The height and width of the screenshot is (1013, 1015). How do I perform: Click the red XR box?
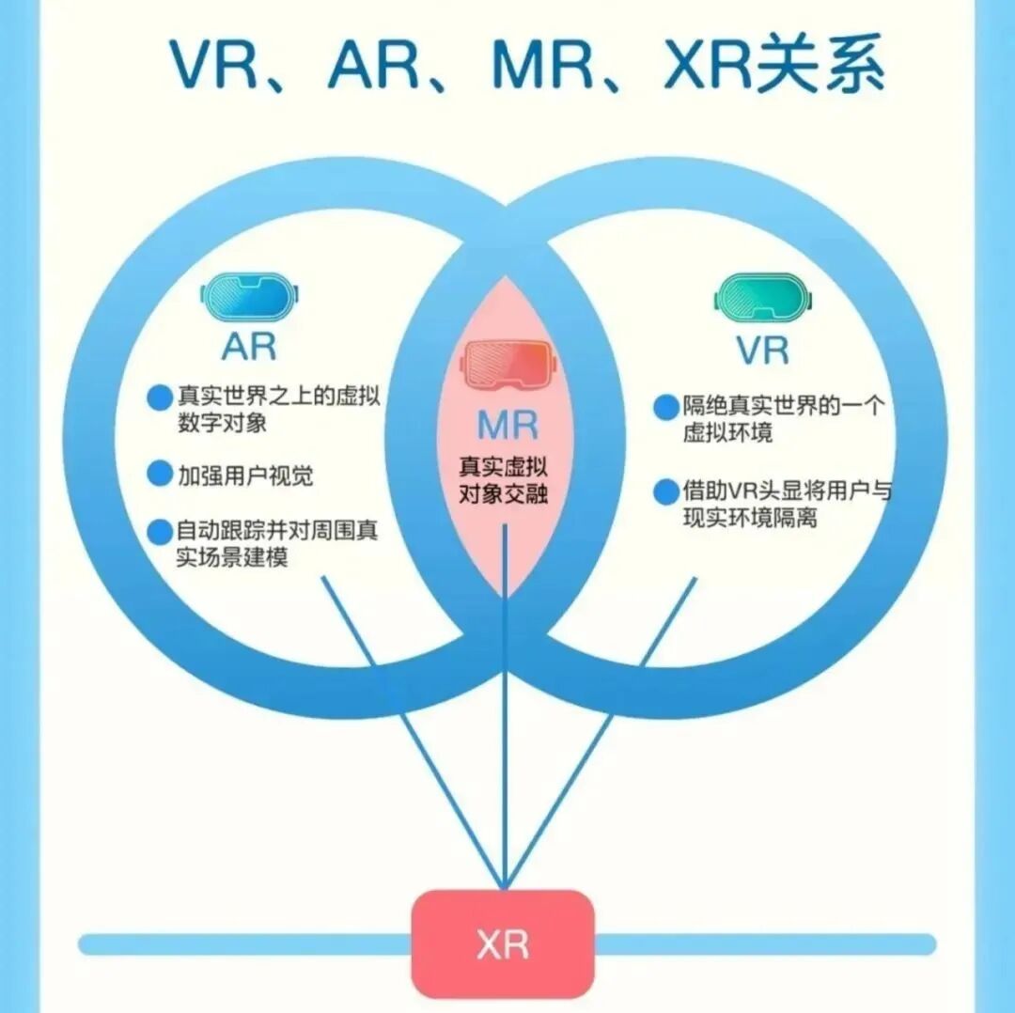pyautogui.click(x=503, y=943)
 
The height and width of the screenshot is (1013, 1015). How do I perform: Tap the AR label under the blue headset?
pyautogui.click(x=249, y=346)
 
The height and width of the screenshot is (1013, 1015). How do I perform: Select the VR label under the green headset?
pyautogui.click(x=762, y=350)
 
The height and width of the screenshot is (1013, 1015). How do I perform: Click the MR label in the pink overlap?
pyautogui.click(x=507, y=426)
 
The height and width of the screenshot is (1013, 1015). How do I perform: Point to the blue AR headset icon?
pyautogui.click(x=250, y=297)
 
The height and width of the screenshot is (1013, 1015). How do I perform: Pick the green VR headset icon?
pyautogui.click(x=763, y=298)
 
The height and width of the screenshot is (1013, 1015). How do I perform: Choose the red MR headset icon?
pyautogui.click(x=507, y=366)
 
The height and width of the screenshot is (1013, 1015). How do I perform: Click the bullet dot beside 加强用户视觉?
pyautogui.click(x=159, y=475)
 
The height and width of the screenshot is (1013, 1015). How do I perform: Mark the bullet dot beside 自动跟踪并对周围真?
pyautogui.click(x=159, y=532)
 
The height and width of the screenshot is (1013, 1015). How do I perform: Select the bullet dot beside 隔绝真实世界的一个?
pyautogui.click(x=666, y=408)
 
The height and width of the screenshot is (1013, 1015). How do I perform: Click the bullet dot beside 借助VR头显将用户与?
pyautogui.click(x=666, y=491)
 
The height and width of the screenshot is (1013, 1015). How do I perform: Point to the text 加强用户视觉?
pyautogui.click(x=245, y=475)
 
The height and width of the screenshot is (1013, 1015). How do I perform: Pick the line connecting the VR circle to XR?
pyautogui.click(x=601, y=733)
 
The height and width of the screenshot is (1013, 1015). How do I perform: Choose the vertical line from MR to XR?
pyautogui.click(x=505, y=705)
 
